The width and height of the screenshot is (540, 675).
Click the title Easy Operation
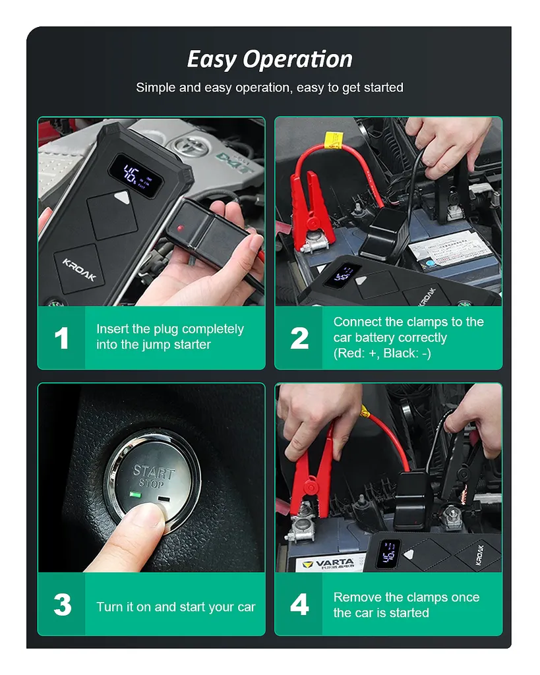(x=269, y=59)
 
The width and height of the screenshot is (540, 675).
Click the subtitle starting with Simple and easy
(x=269, y=88)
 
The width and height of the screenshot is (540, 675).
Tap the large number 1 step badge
(x=61, y=338)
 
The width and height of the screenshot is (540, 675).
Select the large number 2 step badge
(x=299, y=338)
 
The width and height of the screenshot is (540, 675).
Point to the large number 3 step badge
(x=61, y=605)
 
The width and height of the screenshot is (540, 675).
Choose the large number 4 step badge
(x=299, y=605)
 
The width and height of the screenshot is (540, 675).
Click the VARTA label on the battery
(x=325, y=564)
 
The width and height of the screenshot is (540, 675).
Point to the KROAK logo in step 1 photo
(x=79, y=269)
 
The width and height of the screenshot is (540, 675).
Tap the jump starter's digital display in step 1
(x=134, y=173)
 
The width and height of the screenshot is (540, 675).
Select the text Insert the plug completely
(x=169, y=329)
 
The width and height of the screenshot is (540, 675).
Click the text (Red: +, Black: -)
(x=382, y=353)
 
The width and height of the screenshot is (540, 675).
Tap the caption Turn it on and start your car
(x=175, y=607)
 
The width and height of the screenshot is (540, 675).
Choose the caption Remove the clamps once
(x=406, y=597)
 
